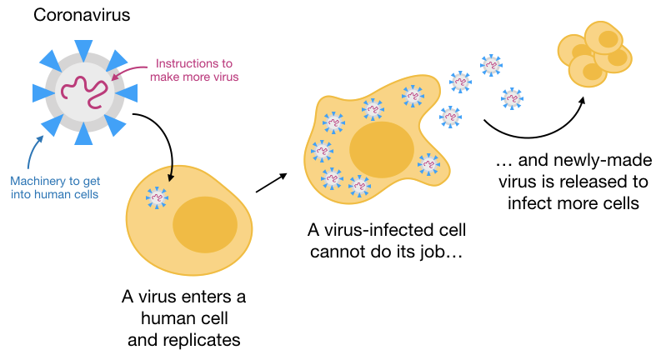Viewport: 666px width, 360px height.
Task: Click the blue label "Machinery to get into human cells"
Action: [55, 187]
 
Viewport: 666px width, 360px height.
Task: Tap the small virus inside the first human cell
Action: [157, 197]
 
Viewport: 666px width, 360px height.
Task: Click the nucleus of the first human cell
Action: [199, 223]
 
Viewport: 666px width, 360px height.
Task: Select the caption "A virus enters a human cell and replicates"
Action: [183, 317]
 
